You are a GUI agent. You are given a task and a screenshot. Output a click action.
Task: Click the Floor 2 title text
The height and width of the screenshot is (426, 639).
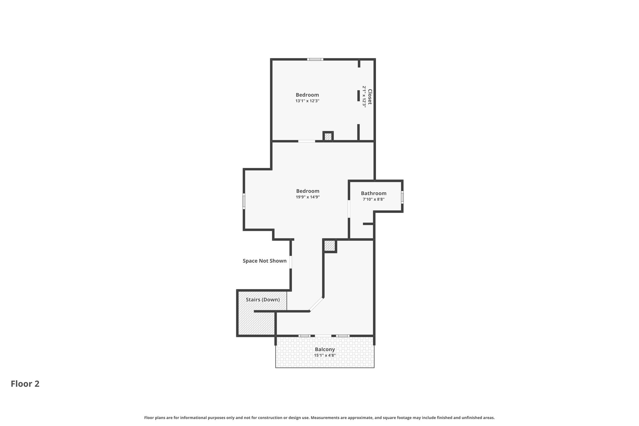pyautogui.click(x=25, y=384)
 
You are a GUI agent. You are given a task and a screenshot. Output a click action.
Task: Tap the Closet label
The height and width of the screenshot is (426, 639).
pyautogui.click(x=370, y=97)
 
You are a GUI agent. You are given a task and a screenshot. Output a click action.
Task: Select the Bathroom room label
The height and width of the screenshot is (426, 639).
pyautogui.click(x=373, y=193)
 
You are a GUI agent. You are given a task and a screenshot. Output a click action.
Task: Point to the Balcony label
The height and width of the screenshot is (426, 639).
pyautogui.click(x=325, y=350)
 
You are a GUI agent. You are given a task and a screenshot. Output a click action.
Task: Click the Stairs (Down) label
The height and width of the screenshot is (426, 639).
pyautogui.click(x=263, y=300)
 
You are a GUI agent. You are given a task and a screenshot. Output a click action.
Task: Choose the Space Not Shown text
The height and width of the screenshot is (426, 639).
pyautogui.click(x=265, y=261)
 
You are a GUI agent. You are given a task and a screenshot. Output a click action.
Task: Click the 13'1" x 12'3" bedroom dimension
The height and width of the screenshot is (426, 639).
pyautogui.click(x=307, y=101)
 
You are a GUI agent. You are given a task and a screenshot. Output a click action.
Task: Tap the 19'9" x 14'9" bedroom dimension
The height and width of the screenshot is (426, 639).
pyautogui.click(x=308, y=197)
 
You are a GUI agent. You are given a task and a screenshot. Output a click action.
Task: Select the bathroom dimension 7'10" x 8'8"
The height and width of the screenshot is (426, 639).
pyautogui.click(x=373, y=199)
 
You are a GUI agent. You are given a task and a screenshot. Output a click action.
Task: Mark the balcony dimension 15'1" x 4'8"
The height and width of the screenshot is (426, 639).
pyautogui.click(x=325, y=355)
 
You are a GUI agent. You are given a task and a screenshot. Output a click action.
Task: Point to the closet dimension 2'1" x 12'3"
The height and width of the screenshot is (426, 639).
pyautogui.click(x=364, y=97)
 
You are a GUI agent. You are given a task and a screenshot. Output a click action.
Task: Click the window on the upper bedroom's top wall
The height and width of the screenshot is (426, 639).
pyautogui.click(x=315, y=59)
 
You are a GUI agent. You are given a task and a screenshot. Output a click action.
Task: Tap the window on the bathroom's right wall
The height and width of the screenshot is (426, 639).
pyautogui.click(x=402, y=197)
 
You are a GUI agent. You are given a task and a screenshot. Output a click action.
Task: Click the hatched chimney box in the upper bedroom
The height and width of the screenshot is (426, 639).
pyautogui.click(x=328, y=136)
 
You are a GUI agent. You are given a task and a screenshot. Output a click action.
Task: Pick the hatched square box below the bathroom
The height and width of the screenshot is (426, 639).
pyautogui.click(x=329, y=246)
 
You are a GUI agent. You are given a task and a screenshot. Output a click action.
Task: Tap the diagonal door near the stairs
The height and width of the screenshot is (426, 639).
pyautogui.click(x=316, y=304)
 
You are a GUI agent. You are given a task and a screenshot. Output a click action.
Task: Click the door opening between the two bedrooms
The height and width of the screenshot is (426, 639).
pyautogui.click(x=307, y=141)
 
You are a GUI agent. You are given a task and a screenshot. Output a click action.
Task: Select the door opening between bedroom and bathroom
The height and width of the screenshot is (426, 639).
pyautogui.click(x=349, y=209)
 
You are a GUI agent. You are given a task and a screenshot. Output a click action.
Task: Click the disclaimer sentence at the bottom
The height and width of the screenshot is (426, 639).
pyautogui.click(x=319, y=418)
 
